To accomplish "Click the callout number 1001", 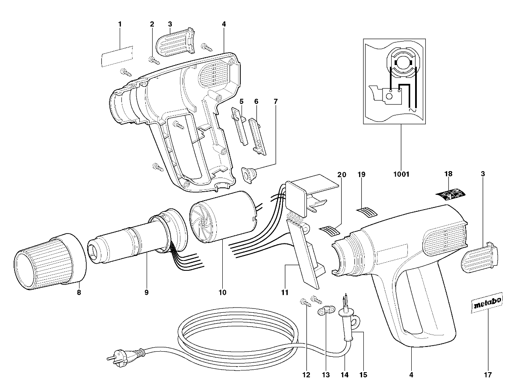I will coord(401,174).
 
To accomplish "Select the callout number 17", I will coord(488,375).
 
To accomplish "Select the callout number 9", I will coord(146,293).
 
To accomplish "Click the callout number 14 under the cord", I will coord(345,375).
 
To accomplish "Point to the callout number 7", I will coord(275,101).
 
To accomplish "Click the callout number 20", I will coord(341,174).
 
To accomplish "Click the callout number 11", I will coord(285,293).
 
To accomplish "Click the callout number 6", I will coord(256,101).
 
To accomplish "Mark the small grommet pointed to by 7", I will coord(248,174).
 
